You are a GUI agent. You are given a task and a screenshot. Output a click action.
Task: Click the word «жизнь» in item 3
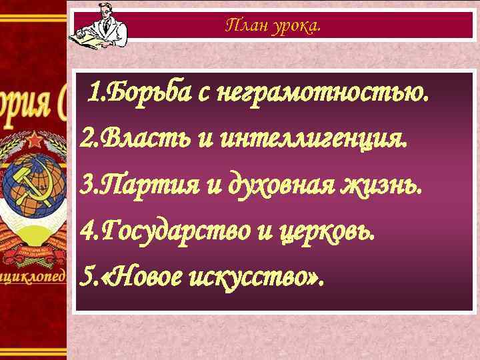389,185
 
